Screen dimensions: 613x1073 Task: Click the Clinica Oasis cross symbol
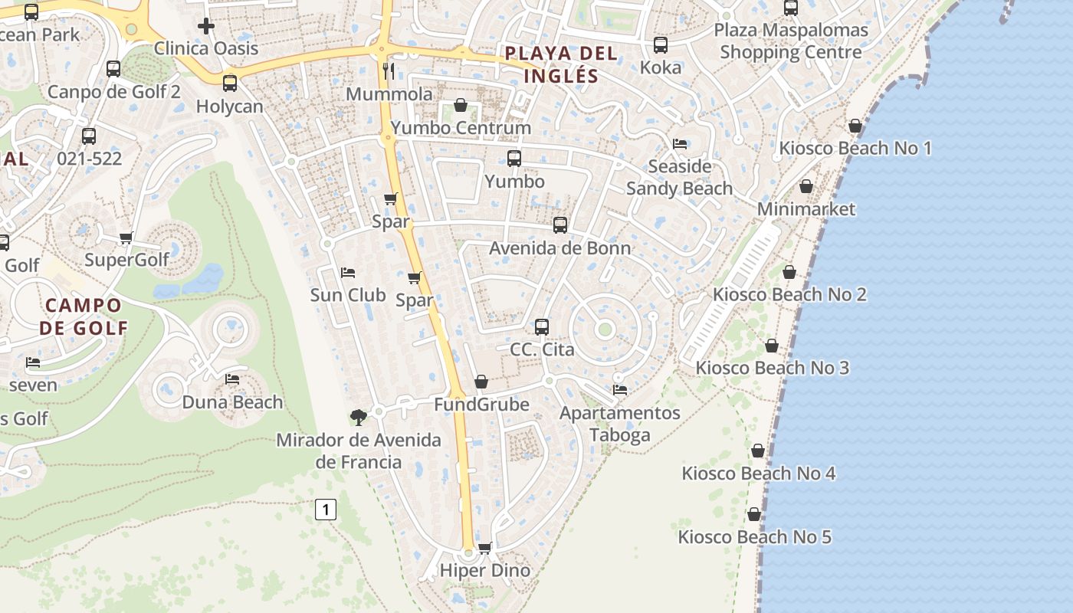[205, 26]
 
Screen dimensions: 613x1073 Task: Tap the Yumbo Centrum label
[461, 127]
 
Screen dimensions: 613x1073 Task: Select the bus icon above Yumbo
[514, 159]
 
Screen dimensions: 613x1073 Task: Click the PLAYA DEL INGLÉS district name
[560, 64]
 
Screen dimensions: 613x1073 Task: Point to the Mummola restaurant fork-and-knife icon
[389, 71]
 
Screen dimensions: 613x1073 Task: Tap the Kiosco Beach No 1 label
[855, 148]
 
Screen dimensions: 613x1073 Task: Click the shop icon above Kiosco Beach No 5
[754, 514]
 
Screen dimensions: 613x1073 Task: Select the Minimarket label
[806, 208]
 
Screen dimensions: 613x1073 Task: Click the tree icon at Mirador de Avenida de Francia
[358, 418]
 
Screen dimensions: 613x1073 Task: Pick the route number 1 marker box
[326, 509]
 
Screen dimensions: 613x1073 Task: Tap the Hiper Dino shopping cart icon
[484, 548]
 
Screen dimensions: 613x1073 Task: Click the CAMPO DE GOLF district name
[84, 316]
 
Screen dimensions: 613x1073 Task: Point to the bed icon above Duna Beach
[232, 379]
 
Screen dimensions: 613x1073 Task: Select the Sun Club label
[348, 294]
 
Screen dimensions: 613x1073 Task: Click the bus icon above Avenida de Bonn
[560, 225]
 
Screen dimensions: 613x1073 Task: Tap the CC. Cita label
[542, 349]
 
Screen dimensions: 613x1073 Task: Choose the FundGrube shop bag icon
[481, 382]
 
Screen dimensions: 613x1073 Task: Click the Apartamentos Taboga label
[619, 424]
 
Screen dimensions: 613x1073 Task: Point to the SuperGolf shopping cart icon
[126, 238]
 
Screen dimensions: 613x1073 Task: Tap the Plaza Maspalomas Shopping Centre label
[791, 41]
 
